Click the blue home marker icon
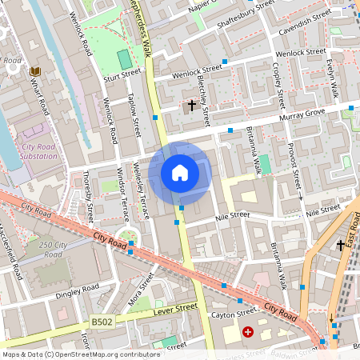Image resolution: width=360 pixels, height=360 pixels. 180,173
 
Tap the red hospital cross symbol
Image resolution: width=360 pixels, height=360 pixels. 248,331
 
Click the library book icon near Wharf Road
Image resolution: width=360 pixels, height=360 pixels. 34,72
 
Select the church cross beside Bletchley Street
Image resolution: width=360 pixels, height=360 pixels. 191,105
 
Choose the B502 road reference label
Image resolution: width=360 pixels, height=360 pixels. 102,322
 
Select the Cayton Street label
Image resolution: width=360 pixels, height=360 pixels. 235,314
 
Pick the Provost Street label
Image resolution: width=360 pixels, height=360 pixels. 294,167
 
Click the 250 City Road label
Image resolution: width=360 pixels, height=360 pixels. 53,249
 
